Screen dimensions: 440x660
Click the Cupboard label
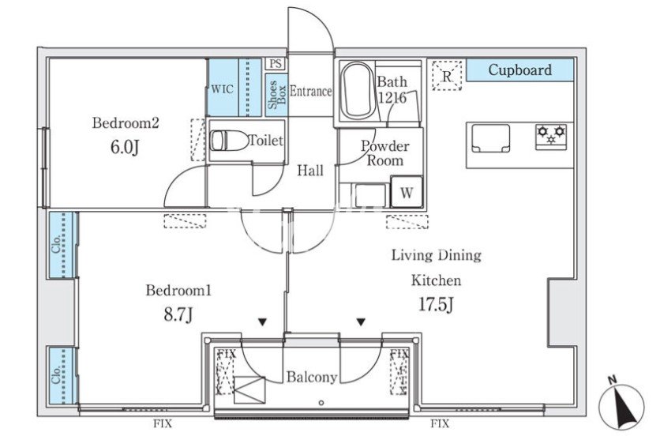(519, 70)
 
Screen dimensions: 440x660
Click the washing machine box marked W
(407, 193)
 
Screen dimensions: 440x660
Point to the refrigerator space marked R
(447, 76)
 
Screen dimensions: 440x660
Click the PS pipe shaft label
(276, 64)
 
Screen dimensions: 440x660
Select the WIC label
(222, 88)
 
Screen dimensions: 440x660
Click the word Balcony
(312, 378)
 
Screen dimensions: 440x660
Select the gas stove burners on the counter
(552, 135)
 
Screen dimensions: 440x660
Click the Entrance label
(310, 91)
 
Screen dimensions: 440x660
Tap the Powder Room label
(384, 153)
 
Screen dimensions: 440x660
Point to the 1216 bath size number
(392, 98)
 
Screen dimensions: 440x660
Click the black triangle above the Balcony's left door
(261, 322)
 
